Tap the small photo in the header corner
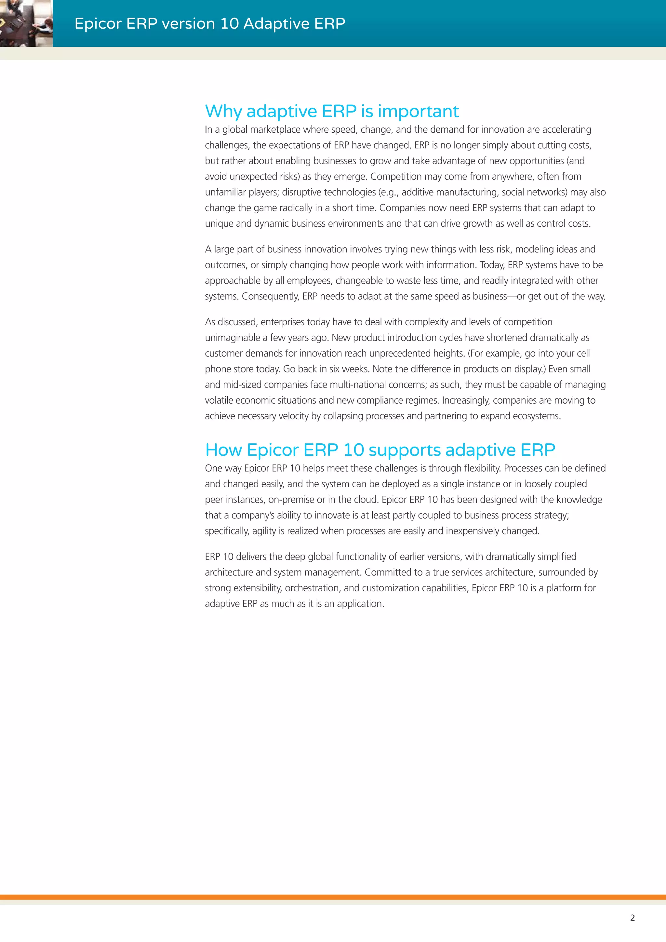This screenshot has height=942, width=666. point(26,23)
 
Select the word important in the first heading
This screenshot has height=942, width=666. point(418,112)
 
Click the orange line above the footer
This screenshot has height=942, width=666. point(333,897)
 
